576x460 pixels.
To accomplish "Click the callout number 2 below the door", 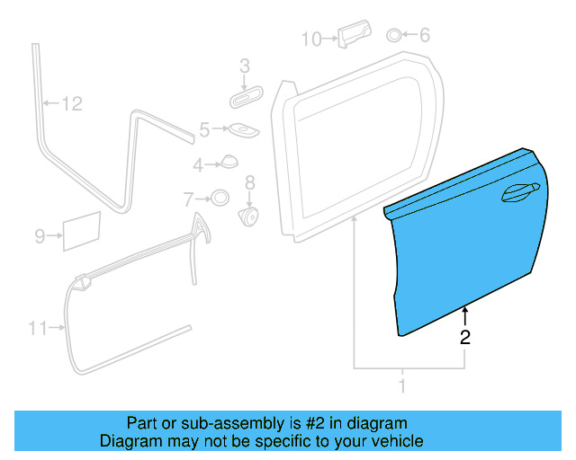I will [x=464, y=338].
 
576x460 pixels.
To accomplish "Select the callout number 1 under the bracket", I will [x=402, y=386].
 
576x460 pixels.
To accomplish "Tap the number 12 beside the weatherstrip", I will [x=71, y=104].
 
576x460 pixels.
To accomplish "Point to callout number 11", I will [x=37, y=329].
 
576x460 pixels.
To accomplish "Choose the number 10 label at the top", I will [x=310, y=39].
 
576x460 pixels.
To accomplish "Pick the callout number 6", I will [x=424, y=36].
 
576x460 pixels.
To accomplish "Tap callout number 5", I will [x=204, y=130].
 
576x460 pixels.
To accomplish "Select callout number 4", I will [x=198, y=164].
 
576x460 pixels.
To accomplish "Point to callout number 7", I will [x=188, y=198].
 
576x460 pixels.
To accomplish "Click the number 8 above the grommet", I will [x=250, y=182].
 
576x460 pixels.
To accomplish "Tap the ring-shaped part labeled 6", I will [x=395, y=36].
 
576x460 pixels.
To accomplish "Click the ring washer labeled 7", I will [x=219, y=198].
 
